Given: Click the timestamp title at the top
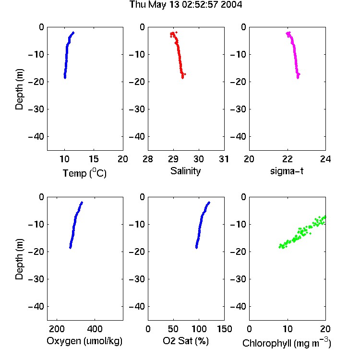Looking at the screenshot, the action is [185, 5].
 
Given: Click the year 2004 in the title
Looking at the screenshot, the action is [231, 5].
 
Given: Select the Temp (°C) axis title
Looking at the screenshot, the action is [84, 173].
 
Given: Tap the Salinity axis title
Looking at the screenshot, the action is [185, 171].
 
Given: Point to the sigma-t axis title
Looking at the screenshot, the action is [287, 171].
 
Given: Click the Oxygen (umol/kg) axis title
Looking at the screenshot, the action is [84, 341].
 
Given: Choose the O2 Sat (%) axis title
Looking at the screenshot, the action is [186, 341].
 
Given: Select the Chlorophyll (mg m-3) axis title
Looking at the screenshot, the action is [287, 343].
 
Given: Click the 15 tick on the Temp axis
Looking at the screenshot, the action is [94, 159].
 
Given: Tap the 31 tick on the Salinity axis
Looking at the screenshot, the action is [224, 159].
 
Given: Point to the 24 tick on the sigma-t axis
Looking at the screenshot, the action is [325, 159].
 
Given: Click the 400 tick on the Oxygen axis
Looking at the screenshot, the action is [95, 329].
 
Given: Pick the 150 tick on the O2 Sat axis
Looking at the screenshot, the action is [224, 329].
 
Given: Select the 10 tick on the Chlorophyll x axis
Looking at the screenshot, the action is [288, 329].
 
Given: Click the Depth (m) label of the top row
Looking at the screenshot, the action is [19, 89].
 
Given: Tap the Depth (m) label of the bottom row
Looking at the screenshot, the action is [19, 259].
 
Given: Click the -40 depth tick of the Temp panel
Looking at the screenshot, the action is [36, 137].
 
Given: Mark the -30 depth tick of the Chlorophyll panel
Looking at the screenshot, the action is [238, 279].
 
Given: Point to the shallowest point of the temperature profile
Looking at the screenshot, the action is [73, 33].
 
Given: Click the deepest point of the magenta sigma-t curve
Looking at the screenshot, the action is [298, 78].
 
